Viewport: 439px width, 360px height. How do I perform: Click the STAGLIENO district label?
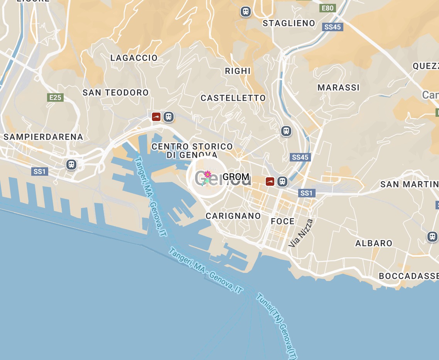pyautogui.click(x=289, y=24)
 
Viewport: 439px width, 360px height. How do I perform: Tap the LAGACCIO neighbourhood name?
pyautogui.click(x=134, y=58)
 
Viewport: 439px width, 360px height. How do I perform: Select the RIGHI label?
pyautogui.click(x=238, y=71)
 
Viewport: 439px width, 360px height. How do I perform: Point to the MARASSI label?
pyautogui.click(x=338, y=88)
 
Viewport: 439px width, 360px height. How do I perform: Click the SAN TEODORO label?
pyautogui.click(x=116, y=93)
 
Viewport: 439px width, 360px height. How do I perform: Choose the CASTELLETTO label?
pyautogui.click(x=233, y=98)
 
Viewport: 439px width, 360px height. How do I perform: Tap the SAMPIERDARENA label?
pyautogui.click(x=43, y=137)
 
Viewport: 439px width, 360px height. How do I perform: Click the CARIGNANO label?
pyautogui.click(x=233, y=216)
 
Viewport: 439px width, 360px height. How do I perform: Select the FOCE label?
pyautogui.click(x=282, y=221)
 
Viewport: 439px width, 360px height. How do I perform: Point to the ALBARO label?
pyautogui.click(x=373, y=243)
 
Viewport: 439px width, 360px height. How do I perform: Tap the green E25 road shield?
pyautogui.click(x=55, y=98)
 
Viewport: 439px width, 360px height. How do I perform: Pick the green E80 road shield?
pyautogui.click(x=328, y=8)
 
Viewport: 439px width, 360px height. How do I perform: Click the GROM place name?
pyautogui.click(x=236, y=177)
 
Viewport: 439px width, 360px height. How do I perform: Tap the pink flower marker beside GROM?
pyautogui.click(x=207, y=178)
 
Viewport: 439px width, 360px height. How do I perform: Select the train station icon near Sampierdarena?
pyautogui.click(x=71, y=165)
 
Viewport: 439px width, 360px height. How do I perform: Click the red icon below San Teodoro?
pyautogui.click(x=156, y=117)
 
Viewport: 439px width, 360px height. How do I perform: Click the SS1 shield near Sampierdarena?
pyautogui.click(x=40, y=172)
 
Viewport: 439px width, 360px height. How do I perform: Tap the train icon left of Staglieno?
pyautogui.click(x=245, y=12)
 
